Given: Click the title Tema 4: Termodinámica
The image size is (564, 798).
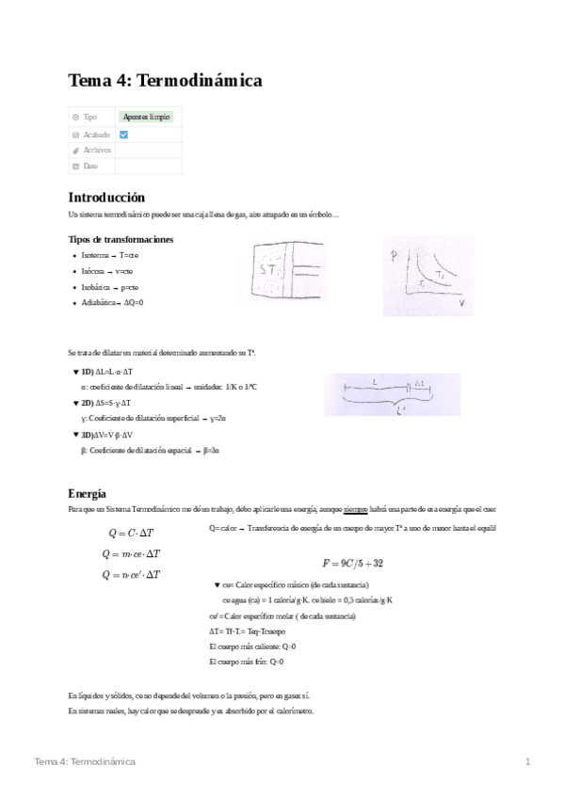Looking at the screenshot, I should tap(165, 82).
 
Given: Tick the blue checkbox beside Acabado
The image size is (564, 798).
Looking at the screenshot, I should tap(123, 135).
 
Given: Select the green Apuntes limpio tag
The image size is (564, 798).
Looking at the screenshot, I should tap(147, 117).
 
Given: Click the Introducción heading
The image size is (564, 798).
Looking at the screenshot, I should tap(106, 198).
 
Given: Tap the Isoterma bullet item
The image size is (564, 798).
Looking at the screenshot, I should tap(111, 256).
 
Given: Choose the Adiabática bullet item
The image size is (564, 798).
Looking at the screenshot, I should tap(113, 302).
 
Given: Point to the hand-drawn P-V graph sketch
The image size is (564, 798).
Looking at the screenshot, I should tap(427, 276).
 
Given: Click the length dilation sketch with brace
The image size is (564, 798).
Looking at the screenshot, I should tap(393, 395).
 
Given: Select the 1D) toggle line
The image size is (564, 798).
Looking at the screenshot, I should tap(106, 373).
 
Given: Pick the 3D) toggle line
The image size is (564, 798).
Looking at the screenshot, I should tap(110, 435).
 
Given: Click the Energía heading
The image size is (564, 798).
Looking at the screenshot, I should tap(88, 493).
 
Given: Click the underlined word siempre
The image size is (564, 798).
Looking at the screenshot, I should tap(355, 509).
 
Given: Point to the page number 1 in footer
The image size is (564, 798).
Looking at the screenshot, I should tap(528, 760).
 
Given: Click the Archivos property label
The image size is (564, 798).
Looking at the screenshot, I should tap(97, 150).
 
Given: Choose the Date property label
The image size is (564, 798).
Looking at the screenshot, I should tap(90, 166).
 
